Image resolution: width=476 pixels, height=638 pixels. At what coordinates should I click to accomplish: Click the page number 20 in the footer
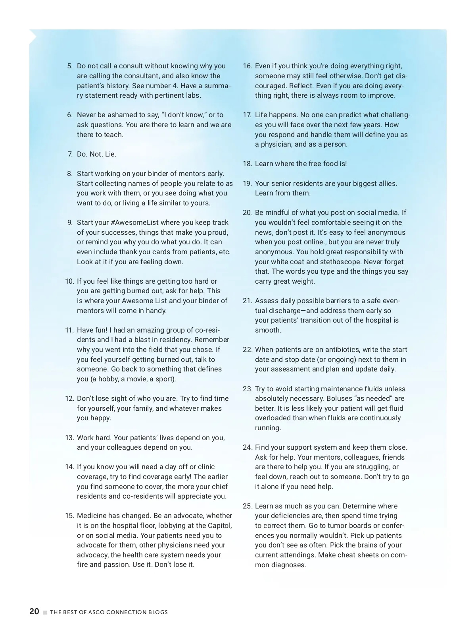(34, 611)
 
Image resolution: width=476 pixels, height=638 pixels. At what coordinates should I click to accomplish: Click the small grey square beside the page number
(45, 612)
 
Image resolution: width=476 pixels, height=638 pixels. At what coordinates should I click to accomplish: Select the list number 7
(70, 154)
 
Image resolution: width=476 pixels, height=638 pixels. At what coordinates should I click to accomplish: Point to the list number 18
(248, 164)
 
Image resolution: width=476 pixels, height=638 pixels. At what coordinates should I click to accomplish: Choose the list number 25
(248, 506)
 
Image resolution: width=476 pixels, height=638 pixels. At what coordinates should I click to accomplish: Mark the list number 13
(69, 438)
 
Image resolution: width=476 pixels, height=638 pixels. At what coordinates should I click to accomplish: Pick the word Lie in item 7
(110, 154)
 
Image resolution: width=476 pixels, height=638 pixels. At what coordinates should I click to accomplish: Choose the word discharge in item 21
(286, 311)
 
